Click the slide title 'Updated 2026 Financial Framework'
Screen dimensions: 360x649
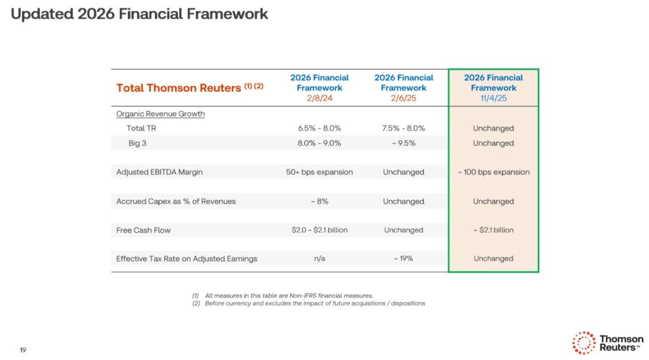(x=139, y=14)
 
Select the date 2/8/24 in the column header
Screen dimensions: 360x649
(x=319, y=98)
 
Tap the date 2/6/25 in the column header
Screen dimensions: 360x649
(x=403, y=98)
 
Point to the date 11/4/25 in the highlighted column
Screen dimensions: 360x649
(x=493, y=98)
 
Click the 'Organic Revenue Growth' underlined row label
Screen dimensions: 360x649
(x=160, y=114)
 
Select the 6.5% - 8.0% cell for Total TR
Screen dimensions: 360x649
(x=319, y=128)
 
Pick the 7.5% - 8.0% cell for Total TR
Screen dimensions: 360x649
(x=403, y=128)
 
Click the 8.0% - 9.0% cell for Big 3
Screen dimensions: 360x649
(x=319, y=143)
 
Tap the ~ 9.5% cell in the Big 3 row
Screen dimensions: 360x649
(x=403, y=143)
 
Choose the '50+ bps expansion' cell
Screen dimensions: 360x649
(x=319, y=172)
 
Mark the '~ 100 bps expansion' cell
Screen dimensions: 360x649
(x=493, y=172)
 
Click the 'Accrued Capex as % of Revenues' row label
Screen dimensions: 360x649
(x=176, y=202)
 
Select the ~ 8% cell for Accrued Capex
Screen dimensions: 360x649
(x=319, y=202)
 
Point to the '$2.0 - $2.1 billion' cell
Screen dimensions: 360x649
(x=319, y=230)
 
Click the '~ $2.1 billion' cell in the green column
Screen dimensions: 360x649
(x=493, y=230)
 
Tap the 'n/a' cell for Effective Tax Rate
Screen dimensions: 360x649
(x=319, y=259)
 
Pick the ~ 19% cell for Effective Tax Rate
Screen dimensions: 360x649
(x=403, y=259)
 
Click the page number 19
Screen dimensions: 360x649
(x=23, y=350)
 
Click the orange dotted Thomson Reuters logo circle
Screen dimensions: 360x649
(x=583, y=343)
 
